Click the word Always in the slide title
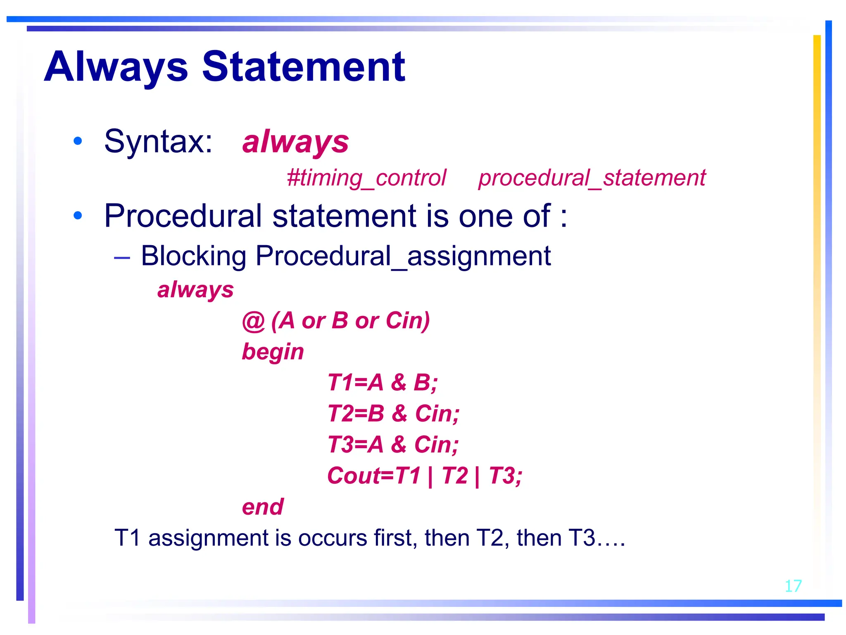point(116,67)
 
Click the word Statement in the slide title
point(304,67)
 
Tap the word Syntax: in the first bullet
point(158,142)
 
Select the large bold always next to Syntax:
point(295,142)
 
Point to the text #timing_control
point(366,178)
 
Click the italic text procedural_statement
point(592,178)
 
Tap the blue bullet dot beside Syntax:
point(78,141)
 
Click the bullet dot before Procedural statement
point(78,215)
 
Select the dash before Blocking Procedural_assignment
point(122,258)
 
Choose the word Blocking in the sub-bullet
point(194,256)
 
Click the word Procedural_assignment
point(403,256)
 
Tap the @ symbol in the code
point(253,321)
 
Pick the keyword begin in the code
point(273,352)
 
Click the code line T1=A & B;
point(383,382)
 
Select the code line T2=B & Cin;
point(393,413)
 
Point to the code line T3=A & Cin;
point(393,444)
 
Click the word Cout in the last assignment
point(354,475)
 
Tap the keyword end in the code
point(263,507)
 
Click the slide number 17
point(793,586)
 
